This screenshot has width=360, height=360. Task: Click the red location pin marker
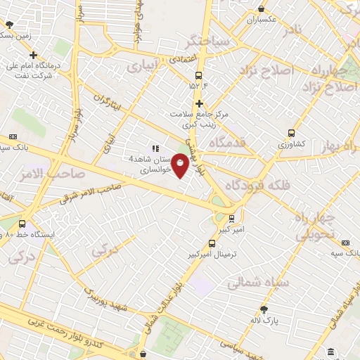181,165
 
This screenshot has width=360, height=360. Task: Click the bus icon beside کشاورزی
291,133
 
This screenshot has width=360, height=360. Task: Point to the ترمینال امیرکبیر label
216,252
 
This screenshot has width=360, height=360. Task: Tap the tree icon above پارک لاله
264,309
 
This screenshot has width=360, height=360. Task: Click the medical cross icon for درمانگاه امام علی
33,55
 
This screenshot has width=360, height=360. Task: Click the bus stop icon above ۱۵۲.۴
199,75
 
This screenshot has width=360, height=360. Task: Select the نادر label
292,30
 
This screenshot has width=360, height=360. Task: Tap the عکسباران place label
262,20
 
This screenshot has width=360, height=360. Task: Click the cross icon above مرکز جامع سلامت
200,103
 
